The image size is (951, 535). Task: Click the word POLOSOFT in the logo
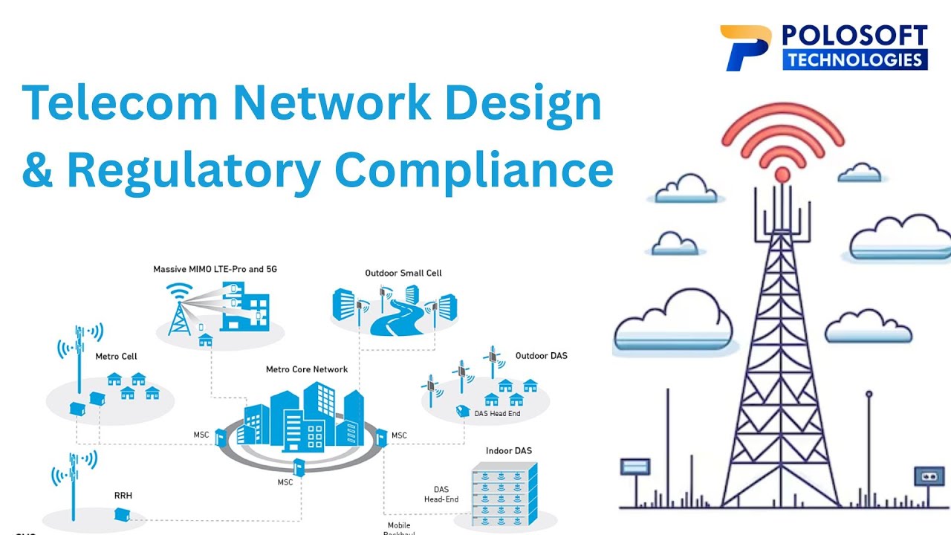tap(854, 36)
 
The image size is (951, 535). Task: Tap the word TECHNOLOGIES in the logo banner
tap(854, 59)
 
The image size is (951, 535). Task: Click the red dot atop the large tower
tap(782, 175)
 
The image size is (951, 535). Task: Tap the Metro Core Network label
tap(307, 369)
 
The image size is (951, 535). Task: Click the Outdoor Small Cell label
tap(403, 273)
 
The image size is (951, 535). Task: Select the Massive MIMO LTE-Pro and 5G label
tap(215, 269)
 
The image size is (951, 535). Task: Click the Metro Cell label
tap(116, 357)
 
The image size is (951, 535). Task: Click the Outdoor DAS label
tap(541, 356)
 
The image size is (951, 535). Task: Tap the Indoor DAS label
tap(508, 451)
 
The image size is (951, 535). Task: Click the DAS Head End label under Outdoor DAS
tap(497, 413)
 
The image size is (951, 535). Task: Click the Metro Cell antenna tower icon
tap(79, 357)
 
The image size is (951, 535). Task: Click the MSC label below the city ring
tap(285, 482)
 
